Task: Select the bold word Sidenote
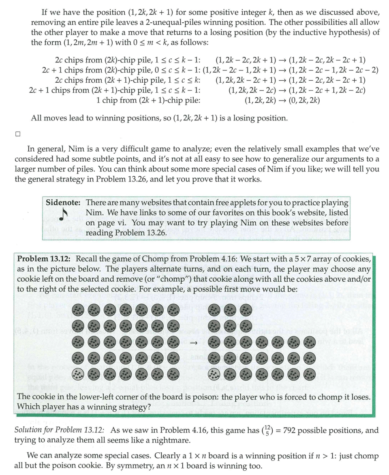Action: [x=62, y=202]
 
